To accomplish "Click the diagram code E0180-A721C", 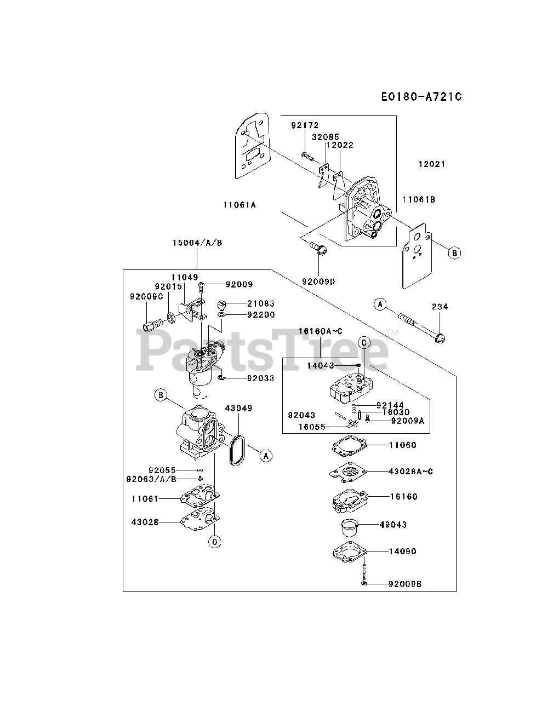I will (x=421, y=97).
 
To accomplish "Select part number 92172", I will (x=305, y=125).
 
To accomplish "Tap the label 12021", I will (x=432, y=164).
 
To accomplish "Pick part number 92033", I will (x=260, y=378).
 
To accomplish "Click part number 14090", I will (x=403, y=551).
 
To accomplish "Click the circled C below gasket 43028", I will (x=214, y=542).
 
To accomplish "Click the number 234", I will (x=440, y=307).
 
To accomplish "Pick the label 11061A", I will (x=240, y=205).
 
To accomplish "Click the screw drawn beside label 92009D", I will (x=318, y=250).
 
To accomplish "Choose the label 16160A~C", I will (x=321, y=331).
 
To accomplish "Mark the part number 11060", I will (x=403, y=445).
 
